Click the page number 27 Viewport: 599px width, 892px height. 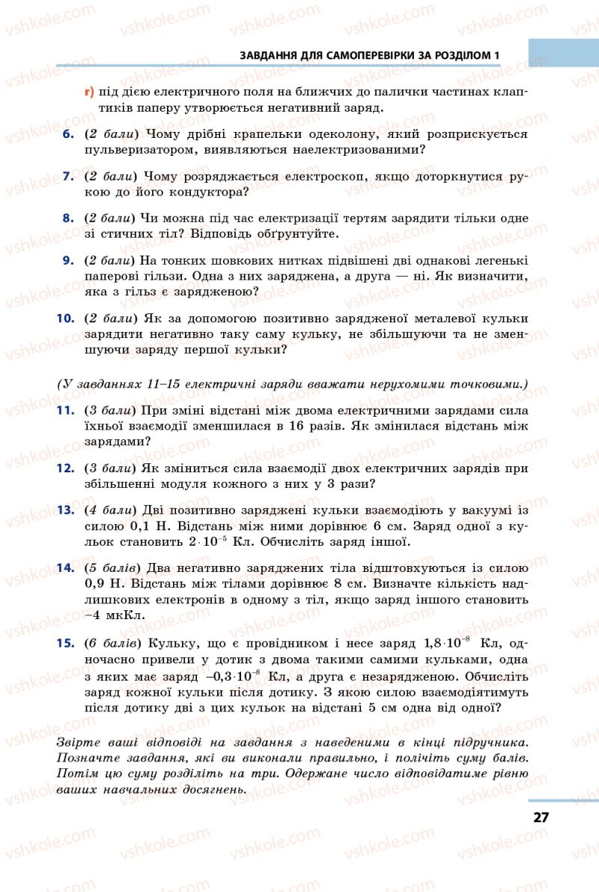pyautogui.click(x=541, y=817)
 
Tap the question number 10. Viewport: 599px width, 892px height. pyautogui.click(x=65, y=318)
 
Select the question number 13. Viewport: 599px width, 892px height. pyautogui.click(x=65, y=510)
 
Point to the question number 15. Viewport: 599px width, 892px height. pyautogui.click(x=65, y=642)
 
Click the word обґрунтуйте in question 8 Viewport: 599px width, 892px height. pyautogui.click(x=295, y=233)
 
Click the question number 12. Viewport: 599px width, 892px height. pyautogui.click(x=65, y=468)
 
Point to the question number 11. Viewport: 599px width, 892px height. pyautogui.click(x=65, y=411)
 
